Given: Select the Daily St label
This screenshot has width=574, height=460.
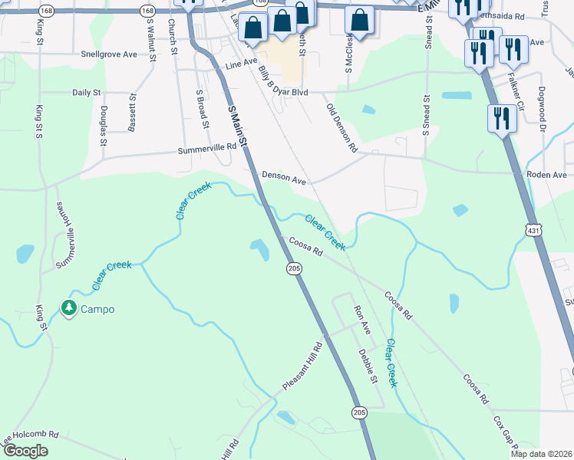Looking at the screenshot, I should [x=87, y=92].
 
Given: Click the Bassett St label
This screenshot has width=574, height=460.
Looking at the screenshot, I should [x=133, y=113].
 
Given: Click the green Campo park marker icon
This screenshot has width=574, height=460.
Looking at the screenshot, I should [x=69, y=309].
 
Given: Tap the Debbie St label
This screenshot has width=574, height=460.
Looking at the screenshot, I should [x=368, y=366].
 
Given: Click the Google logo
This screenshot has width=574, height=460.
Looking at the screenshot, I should [x=26, y=451].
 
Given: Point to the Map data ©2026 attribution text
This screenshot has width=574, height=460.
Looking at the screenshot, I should [x=542, y=455].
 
